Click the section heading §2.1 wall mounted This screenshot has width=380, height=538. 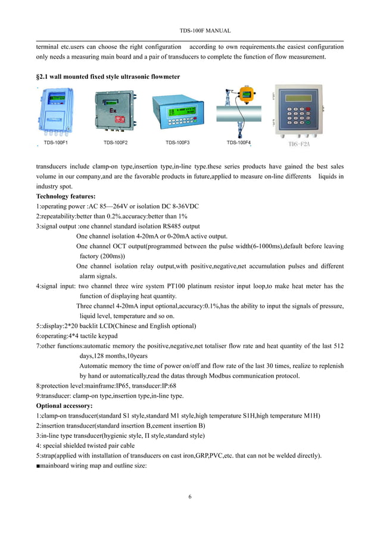point(108,77)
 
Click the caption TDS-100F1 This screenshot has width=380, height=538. point(56,143)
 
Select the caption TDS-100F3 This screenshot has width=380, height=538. point(177,143)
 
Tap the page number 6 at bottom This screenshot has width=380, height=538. point(190,496)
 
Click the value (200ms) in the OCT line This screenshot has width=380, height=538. point(119,256)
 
